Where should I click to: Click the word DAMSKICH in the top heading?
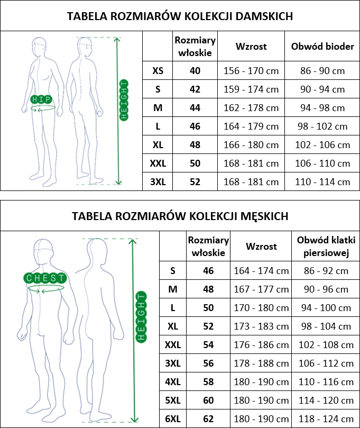264,16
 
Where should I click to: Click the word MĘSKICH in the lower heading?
264,216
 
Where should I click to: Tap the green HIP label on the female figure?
41,99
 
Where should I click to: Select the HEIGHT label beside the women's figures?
124,100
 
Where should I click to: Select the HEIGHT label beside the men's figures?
141,317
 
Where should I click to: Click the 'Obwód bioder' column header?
322,47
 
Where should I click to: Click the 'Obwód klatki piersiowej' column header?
326,247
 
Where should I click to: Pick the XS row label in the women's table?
158,71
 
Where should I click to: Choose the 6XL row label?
173,418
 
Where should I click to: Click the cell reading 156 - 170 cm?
251,71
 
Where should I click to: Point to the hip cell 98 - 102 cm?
322,126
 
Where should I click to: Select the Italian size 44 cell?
195,108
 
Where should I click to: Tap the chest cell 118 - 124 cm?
326,418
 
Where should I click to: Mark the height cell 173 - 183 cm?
261,326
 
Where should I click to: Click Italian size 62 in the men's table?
208,418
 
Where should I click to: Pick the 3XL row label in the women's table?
158,182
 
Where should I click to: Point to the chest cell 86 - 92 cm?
326,271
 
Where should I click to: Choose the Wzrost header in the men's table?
261,247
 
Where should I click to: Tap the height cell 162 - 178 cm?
251,108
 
